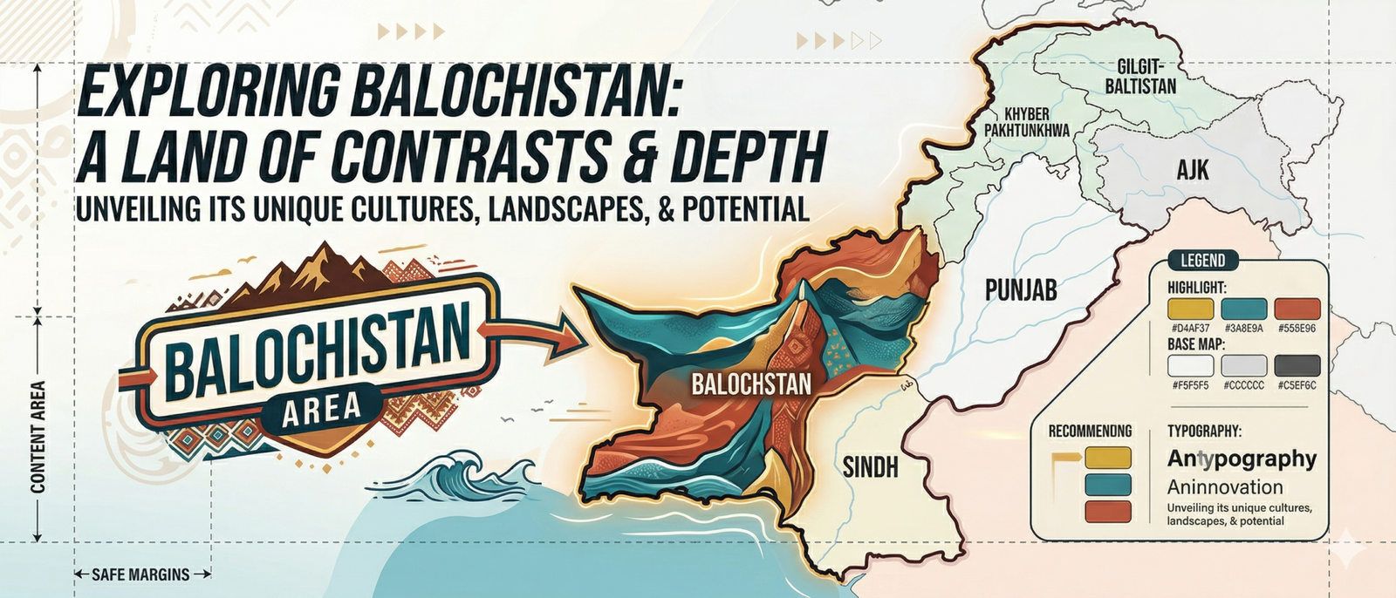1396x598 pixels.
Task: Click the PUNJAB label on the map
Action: coord(1021,290)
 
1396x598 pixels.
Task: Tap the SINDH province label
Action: coord(870,467)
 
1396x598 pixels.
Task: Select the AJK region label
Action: coord(1192,169)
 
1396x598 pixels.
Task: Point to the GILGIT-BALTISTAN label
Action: coord(1140,76)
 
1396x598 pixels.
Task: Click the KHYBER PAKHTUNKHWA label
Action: coord(1027,122)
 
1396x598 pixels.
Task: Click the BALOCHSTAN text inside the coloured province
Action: coord(751,384)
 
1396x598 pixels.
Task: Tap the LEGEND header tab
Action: coord(1202,260)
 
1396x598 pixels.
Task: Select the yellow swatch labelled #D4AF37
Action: coord(1190,309)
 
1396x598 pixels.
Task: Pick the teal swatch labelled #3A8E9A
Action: coord(1243,309)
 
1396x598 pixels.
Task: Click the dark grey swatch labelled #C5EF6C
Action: coord(1297,365)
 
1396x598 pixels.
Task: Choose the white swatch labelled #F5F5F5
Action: coord(1190,365)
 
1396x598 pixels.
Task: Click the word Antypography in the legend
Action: coord(1242,459)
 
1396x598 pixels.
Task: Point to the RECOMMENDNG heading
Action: coord(1090,431)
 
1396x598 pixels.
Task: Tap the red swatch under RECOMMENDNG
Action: coord(1108,512)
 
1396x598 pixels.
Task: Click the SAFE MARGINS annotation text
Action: coord(140,574)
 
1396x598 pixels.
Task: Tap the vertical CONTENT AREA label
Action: coord(38,437)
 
